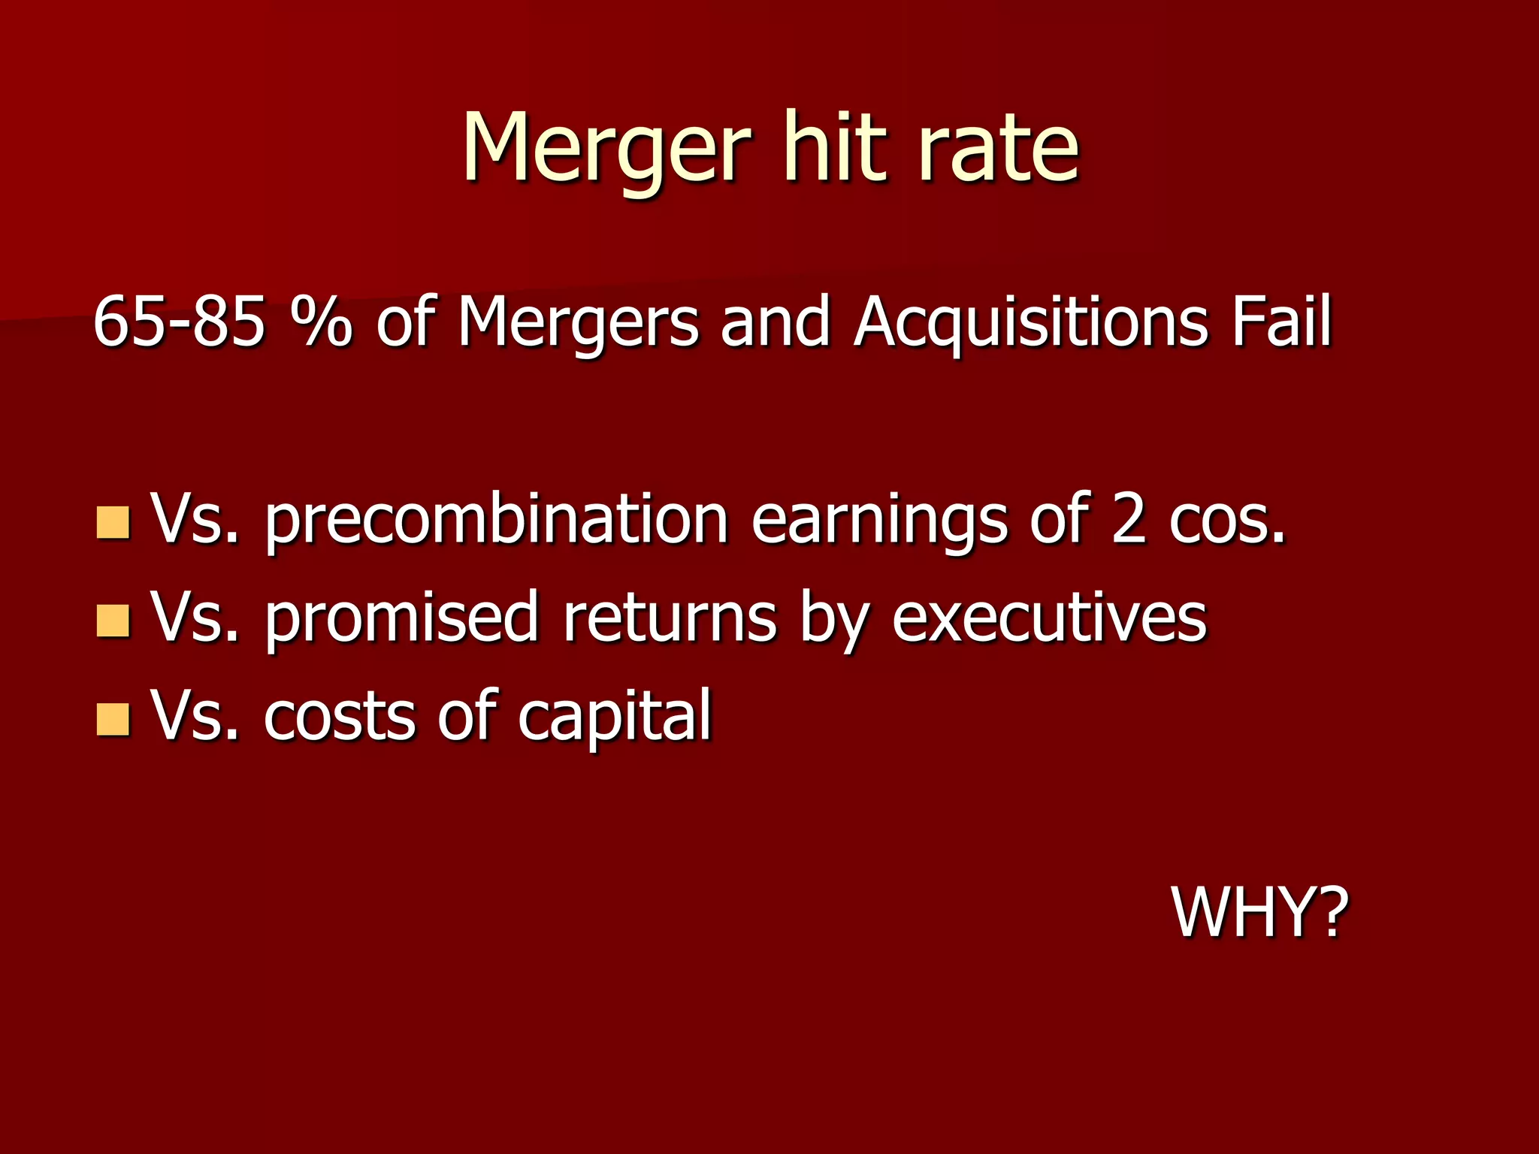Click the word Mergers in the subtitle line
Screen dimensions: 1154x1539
pos(578,323)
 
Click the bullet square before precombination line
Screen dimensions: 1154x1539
pos(113,523)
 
